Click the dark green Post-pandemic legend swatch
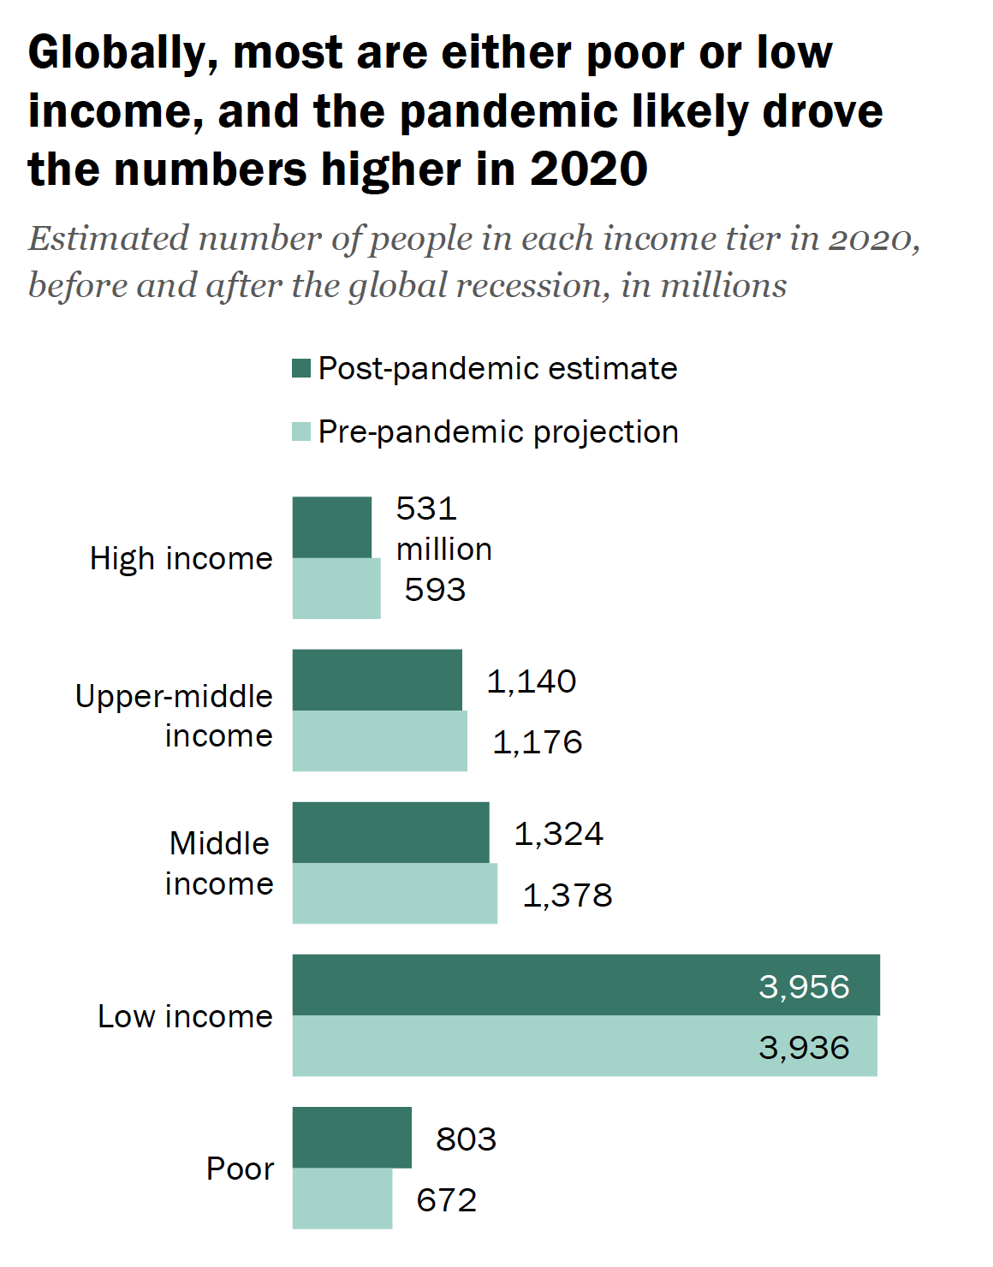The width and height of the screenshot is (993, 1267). click(x=300, y=368)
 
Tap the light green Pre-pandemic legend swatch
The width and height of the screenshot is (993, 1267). click(x=300, y=431)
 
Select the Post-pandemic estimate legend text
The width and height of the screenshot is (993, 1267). click(x=497, y=368)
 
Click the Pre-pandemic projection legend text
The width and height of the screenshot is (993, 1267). click(x=498, y=432)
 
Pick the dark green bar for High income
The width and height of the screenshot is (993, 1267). click(x=332, y=527)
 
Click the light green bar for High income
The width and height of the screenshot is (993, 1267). click(x=336, y=589)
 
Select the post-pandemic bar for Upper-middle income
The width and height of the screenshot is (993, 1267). click(x=377, y=680)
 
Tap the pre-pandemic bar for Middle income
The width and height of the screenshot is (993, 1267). click(x=395, y=894)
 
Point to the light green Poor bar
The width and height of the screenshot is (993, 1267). click(x=342, y=1199)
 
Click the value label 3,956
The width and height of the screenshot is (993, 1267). click(x=804, y=987)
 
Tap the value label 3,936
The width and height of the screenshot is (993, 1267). click(x=804, y=1048)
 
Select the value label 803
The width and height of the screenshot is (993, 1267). click(x=466, y=1139)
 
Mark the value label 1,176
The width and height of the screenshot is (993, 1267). click(x=538, y=742)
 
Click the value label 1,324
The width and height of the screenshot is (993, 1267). click(x=559, y=834)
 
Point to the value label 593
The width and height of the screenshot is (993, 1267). click(x=435, y=590)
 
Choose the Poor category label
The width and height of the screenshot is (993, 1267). click(x=240, y=1169)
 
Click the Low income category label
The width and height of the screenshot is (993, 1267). click(x=185, y=1016)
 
